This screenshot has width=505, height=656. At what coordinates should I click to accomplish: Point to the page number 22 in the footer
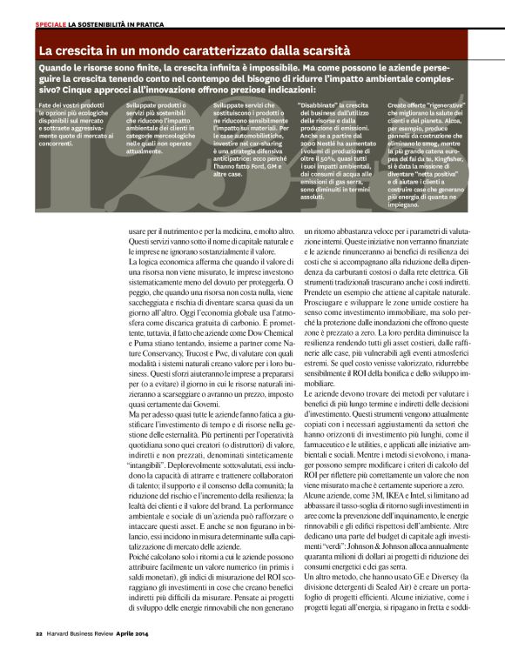[x=38, y=632]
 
